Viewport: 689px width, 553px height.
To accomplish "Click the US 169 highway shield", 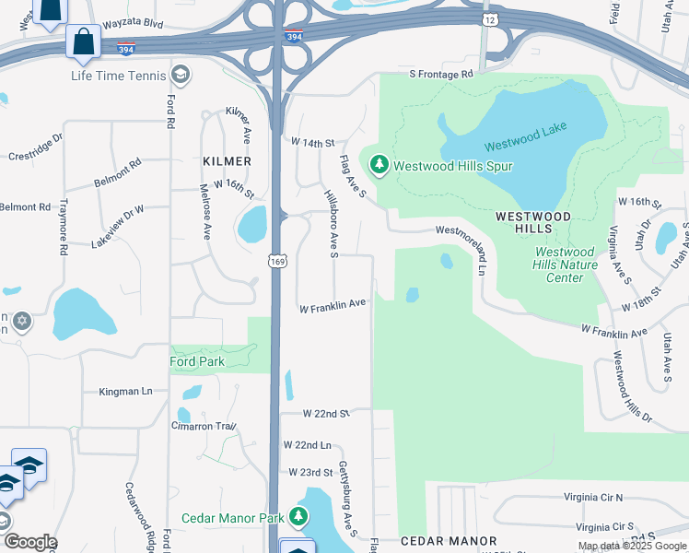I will pos(277,262).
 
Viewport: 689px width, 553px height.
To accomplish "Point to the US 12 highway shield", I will pos(487,19).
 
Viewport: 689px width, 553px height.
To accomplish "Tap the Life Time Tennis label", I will pos(119,74).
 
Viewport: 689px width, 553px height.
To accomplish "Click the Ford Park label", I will pos(198,361).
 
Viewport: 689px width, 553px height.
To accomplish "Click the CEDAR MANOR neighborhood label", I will pos(449,541).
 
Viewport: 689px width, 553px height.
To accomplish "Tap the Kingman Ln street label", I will pos(125,392).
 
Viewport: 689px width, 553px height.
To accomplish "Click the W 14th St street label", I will pos(311,143).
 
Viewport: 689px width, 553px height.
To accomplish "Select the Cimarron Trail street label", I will pos(203,426).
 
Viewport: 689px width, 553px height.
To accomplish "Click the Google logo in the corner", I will pos(29,542).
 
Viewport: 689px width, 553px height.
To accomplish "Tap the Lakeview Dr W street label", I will pos(118,226).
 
